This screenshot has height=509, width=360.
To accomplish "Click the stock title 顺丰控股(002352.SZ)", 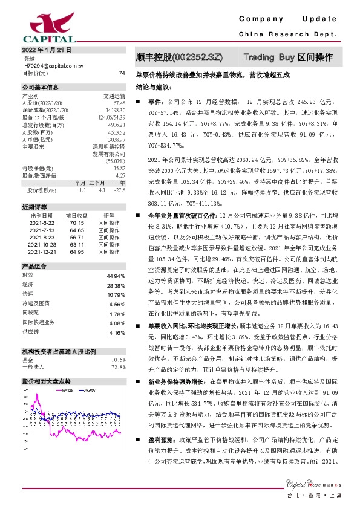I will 180,58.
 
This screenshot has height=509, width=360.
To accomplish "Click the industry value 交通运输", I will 114,96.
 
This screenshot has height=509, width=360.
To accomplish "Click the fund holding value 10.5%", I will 118,375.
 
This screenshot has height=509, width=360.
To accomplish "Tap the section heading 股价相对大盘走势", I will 47,399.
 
